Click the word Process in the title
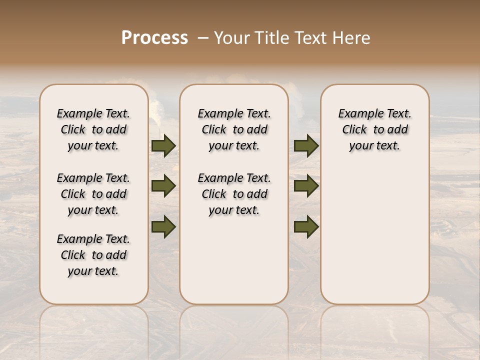154,38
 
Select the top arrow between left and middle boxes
163,145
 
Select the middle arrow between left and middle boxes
163,186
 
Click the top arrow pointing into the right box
306,145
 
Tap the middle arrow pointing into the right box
306,186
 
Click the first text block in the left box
93,129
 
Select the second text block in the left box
93,194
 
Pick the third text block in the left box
93,255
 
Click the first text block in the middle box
234,129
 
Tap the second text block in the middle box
234,194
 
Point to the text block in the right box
374,129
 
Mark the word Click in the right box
354,130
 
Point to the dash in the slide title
203,38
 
